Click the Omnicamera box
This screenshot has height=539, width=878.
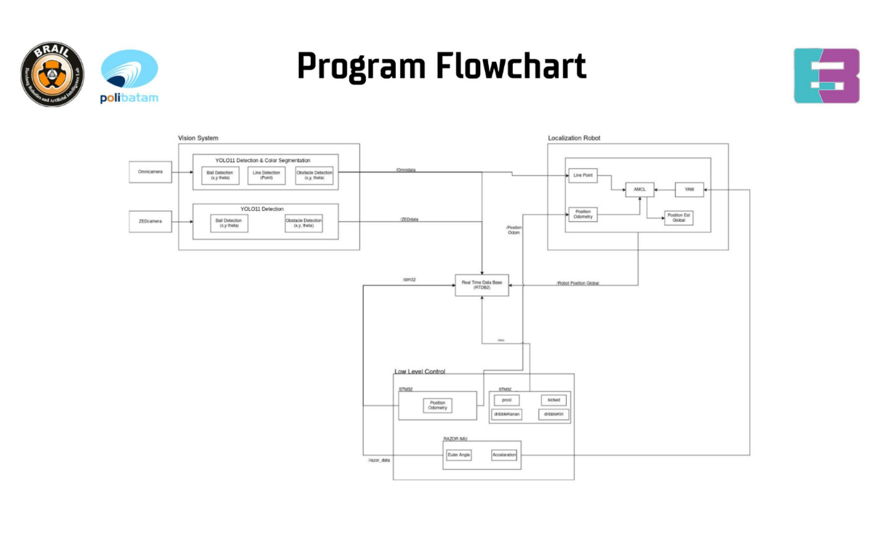[x=151, y=172]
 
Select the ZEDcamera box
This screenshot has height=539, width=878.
[x=151, y=222]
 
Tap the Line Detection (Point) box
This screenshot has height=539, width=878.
[x=266, y=175]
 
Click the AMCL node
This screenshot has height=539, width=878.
[x=639, y=189]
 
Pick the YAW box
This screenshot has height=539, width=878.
[x=689, y=189]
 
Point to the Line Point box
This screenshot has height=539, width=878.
[x=582, y=175]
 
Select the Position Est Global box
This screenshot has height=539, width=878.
[x=678, y=217]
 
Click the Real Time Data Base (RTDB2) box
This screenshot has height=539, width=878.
[x=482, y=284]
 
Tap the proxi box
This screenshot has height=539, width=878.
[x=506, y=400]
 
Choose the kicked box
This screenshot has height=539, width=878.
[x=554, y=400]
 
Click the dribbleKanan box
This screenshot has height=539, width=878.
[x=506, y=415]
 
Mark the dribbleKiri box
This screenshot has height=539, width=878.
[x=554, y=415]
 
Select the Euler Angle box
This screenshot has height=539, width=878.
[x=458, y=455]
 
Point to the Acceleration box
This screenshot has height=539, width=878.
[x=503, y=455]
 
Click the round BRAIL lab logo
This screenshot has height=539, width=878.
[x=52, y=74]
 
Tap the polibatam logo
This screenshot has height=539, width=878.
[x=129, y=76]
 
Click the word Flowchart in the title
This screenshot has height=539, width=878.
[x=511, y=66]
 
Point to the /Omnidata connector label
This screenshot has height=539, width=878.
[x=405, y=169]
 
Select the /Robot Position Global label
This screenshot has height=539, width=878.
[x=578, y=283]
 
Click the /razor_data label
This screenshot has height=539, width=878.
[x=379, y=460]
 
